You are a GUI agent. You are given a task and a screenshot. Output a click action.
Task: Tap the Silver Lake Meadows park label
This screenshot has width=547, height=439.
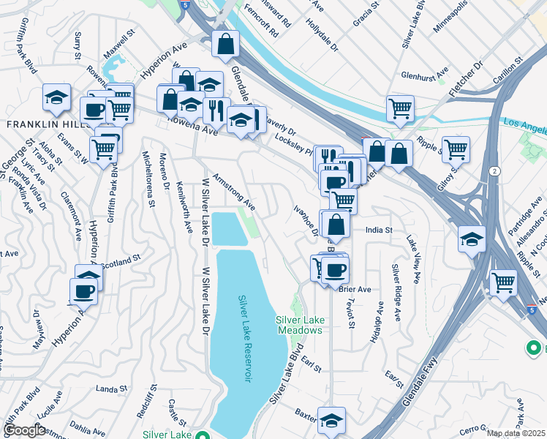(x=299, y=325)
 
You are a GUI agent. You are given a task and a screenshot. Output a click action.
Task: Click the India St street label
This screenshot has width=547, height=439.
(x=380, y=230)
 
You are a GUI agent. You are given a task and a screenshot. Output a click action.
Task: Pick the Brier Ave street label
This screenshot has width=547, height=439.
(x=356, y=288)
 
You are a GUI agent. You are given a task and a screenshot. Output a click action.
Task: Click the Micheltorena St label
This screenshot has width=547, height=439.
(x=148, y=179)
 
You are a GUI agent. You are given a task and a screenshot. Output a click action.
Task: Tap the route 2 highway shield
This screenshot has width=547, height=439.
(x=495, y=170)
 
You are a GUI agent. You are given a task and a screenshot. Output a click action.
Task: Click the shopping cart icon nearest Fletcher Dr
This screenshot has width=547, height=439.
(x=400, y=108)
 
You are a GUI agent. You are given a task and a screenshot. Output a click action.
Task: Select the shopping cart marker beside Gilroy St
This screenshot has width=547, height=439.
(x=456, y=149)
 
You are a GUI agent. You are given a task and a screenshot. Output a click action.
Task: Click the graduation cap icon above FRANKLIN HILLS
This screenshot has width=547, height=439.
(x=55, y=97)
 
